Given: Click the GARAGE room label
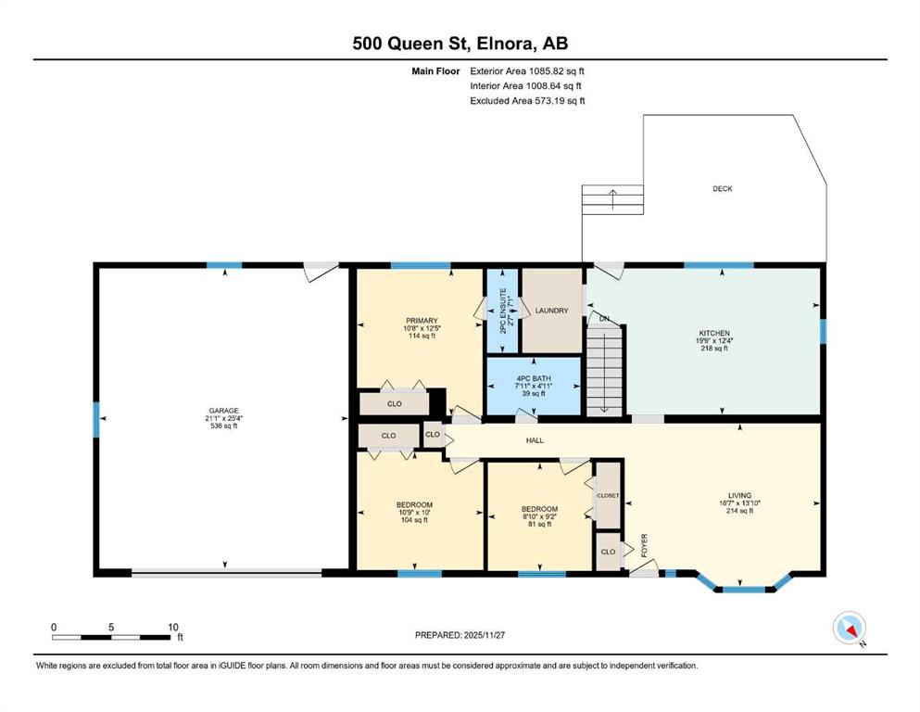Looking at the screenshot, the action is click(223, 411).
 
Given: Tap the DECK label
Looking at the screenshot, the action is click(723, 188).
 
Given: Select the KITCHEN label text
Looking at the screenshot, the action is click(714, 333).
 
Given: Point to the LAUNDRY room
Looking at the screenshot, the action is click(551, 311).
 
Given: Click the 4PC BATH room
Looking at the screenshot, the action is click(534, 386).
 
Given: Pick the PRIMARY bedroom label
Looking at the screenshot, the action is click(422, 321).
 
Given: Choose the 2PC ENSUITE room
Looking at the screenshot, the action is click(502, 311).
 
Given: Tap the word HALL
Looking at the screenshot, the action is click(535, 440).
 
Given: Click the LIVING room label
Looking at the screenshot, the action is click(739, 495).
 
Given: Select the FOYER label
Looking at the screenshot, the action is click(644, 545).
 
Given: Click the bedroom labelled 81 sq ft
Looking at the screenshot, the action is click(539, 516).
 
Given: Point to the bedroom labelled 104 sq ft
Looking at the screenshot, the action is click(414, 512).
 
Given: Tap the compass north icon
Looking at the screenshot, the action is click(849, 628).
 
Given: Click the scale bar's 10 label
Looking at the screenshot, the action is click(173, 627).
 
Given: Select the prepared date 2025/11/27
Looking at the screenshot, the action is click(484, 635).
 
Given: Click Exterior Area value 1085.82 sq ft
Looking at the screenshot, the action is click(556, 71).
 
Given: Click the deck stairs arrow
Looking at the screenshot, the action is click(613, 199).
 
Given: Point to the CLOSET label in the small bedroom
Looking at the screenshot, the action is click(608, 495).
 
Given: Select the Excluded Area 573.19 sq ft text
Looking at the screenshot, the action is click(527, 101).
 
